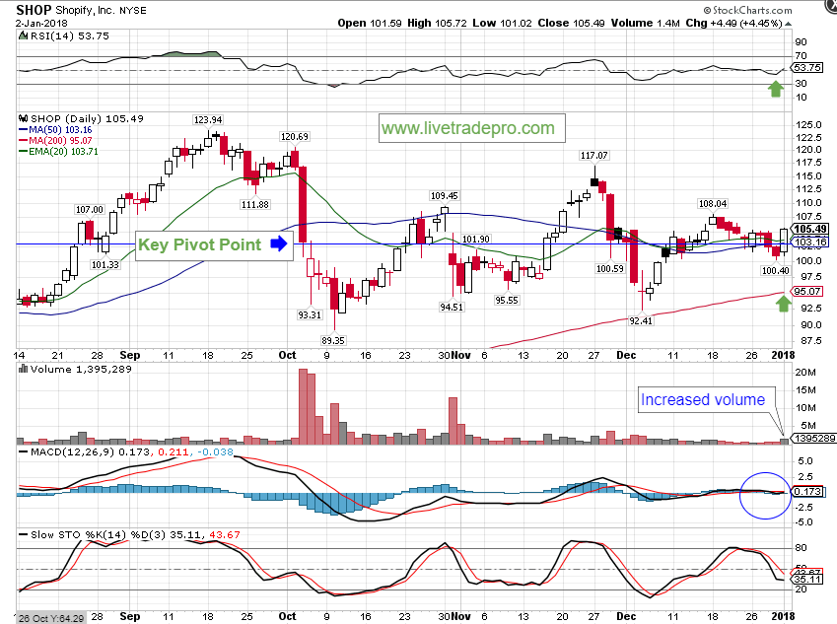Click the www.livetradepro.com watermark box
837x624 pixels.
[467, 128]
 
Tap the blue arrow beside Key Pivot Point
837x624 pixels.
[279, 243]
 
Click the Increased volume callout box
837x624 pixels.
[703, 399]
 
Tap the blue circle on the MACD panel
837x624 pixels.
[764, 492]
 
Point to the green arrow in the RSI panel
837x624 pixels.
[777, 89]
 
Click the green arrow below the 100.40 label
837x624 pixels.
[783, 302]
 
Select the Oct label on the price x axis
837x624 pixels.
[287, 354]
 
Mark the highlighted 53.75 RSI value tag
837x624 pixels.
[807, 68]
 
